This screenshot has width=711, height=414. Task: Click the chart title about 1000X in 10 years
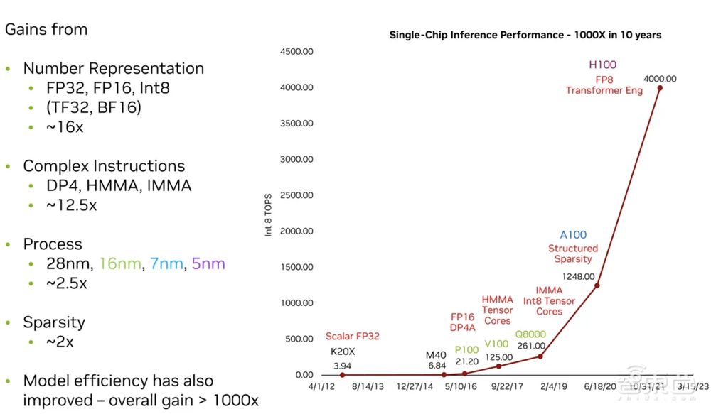click(x=525, y=35)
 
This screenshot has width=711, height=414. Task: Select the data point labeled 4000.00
click(x=660, y=88)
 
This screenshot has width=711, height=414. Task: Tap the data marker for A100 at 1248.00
click(x=597, y=285)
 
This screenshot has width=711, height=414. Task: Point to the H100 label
click(x=602, y=65)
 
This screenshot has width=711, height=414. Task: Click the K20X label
click(x=342, y=351)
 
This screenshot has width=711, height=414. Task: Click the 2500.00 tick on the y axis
click(x=297, y=195)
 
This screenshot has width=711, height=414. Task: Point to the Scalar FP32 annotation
click(x=353, y=336)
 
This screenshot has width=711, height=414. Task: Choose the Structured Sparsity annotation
click(x=573, y=254)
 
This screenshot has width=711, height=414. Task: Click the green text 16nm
click(x=120, y=263)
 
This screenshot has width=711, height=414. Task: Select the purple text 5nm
click(x=208, y=263)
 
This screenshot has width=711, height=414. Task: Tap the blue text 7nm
click(x=166, y=263)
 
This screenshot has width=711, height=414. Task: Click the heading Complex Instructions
click(x=104, y=166)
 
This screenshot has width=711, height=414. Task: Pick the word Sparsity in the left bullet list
click(x=54, y=322)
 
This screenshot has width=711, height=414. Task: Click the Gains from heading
click(x=46, y=30)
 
